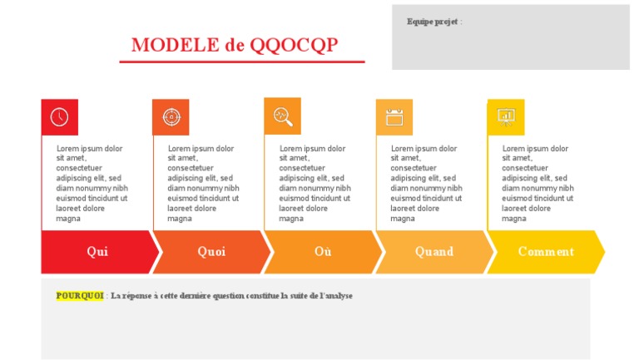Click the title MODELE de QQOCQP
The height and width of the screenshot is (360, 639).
[235, 45]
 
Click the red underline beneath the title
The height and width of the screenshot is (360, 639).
[242, 62]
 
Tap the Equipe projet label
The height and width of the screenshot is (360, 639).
[433, 22]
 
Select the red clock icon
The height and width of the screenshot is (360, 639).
[59, 117]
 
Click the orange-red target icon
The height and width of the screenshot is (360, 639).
[171, 117]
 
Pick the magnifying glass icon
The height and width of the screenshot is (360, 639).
[283, 116]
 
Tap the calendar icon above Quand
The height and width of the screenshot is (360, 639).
[394, 117]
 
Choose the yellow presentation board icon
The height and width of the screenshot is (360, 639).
[506, 117]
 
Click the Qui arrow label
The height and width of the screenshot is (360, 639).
[97, 252]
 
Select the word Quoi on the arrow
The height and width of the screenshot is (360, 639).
[211, 252]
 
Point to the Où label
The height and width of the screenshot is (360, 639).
[323, 252]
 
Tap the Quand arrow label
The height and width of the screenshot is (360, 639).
[434, 252]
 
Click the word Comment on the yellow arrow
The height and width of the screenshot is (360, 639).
[546, 252]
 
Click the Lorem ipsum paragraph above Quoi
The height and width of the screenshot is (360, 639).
[203, 184]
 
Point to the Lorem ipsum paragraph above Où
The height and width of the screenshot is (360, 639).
[315, 184]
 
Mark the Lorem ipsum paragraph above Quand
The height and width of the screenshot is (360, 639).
[426, 184]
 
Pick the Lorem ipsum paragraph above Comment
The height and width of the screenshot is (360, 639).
[537, 184]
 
